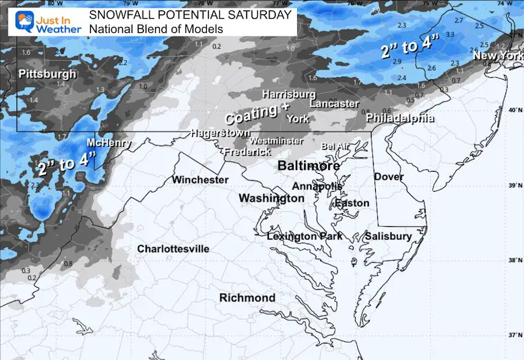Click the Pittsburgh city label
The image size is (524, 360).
pyautogui.click(x=48, y=74)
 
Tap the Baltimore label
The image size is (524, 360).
pyautogui.click(x=308, y=167)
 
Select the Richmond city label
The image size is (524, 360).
pyautogui.click(x=247, y=298)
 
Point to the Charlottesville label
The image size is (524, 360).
pyautogui.click(x=173, y=249)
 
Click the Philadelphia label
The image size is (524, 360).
pyautogui.click(x=400, y=119)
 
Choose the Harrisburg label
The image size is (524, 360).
pyautogui.click(x=289, y=94)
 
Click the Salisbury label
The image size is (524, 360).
pyautogui.click(x=388, y=237)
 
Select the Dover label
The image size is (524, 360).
pyautogui.click(x=388, y=177)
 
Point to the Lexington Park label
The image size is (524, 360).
pyautogui.click(x=302, y=237)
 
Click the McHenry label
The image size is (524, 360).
pyautogui.click(x=108, y=143)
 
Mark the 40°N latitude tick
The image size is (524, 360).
pyautogui.click(x=514, y=110)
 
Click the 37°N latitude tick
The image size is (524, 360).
pyautogui.click(x=514, y=335)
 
